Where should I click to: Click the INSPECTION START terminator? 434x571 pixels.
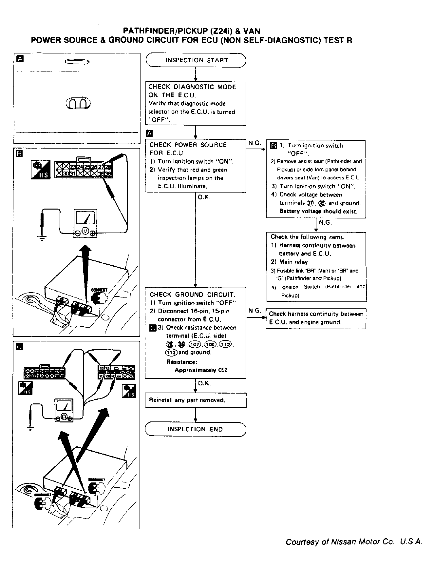click(x=196, y=60)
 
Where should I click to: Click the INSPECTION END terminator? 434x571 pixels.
click(x=195, y=429)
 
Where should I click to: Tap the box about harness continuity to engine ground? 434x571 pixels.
click(x=316, y=318)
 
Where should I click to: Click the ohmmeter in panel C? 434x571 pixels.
click(x=64, y=410)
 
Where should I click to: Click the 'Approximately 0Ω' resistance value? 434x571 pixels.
click(x=200, y=370)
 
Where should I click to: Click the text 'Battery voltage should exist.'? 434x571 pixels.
click(x=318, y=211)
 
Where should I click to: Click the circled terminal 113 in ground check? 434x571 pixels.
click(x=171, y=353)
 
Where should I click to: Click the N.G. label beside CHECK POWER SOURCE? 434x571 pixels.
click(x=255, y=143)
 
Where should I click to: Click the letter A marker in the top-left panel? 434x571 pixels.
click(x=20, y=59)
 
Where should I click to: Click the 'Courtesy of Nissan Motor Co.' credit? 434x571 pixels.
click(x=354, y=542)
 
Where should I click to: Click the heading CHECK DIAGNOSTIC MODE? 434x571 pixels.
click(x=192, y=87)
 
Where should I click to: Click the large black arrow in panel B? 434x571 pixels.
click(x=86, y=272)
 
